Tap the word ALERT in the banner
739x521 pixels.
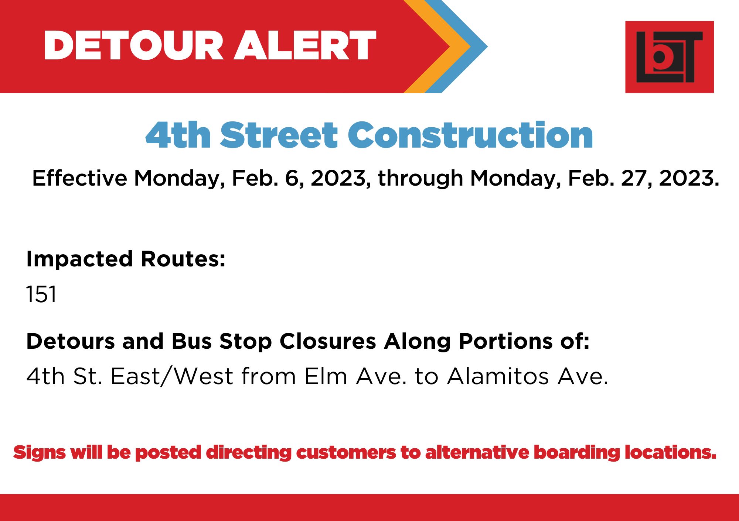click(305, 45)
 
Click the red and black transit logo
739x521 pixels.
click(669, 57)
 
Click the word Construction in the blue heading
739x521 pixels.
click(470, 135)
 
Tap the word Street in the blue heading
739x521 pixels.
click(279, 135)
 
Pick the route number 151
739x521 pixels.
click(41, 294)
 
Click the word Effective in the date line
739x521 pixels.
click(80, 178)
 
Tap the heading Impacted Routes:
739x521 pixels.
click(126, 259)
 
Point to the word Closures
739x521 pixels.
click(328, 341)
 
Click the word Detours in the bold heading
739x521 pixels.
click(71, 341)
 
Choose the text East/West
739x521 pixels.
click(172, 377)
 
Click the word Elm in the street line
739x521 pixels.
click(326, 376)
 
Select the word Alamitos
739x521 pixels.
click(498, 376)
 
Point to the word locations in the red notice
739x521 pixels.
click(670, 452)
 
